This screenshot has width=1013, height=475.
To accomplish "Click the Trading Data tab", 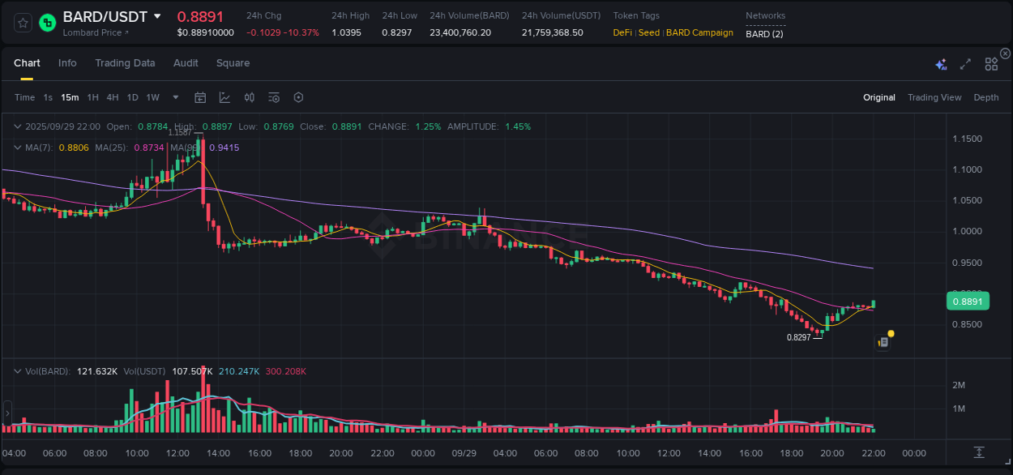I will (x=125, y=63).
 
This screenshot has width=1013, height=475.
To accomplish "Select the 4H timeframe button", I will (x=113, y=97).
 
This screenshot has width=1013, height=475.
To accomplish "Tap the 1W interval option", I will (x=152, y=97).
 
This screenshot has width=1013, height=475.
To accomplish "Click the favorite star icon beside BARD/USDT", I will (x=23, y=23).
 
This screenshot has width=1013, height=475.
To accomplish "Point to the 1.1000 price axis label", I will (x=967, y=169).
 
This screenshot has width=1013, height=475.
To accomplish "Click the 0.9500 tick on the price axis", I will (x=967, y=263).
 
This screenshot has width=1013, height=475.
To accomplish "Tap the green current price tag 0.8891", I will (x=967, y=302).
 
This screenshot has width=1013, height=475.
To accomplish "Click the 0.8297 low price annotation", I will (x=798, y=337).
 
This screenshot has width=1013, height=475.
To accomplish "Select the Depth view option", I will (x=985, y=97).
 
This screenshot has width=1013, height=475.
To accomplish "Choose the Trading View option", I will (x=934, y=97).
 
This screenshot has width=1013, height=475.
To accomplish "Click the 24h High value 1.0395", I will (x=346, y=32).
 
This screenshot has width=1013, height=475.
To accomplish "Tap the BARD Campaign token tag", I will (x=699, y=32).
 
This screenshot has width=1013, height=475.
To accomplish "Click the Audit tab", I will (x=186, y=63).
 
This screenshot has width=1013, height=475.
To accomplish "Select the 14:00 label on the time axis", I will (x=219, y=453).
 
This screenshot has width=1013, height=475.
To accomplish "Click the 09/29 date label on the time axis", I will (x=464, y=453).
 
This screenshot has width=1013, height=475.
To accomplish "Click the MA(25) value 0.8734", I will (x=147, y=148).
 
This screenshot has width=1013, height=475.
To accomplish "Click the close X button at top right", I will (x=1005, y=53).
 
